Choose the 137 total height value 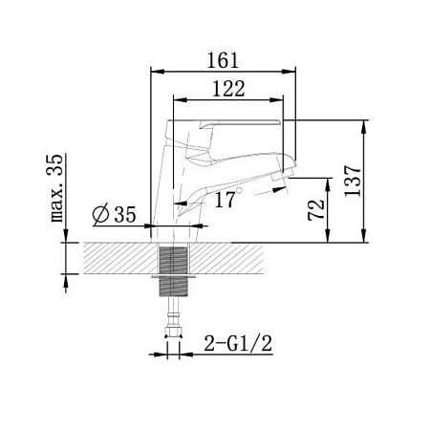pyautogui.click(x=353, y=179)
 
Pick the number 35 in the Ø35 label pyautogui.click(x=124, y=215)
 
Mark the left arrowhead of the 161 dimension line pyautogui.click(x=156, y=71)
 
